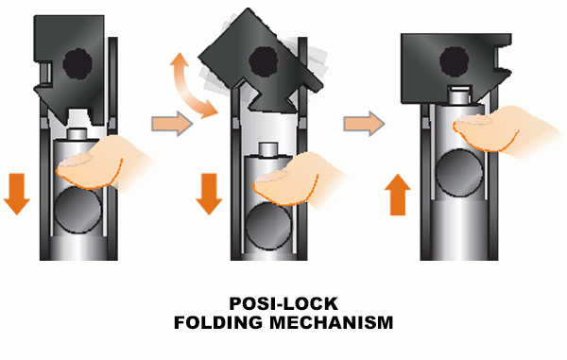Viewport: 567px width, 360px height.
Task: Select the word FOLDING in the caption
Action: [x=221, y=323]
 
